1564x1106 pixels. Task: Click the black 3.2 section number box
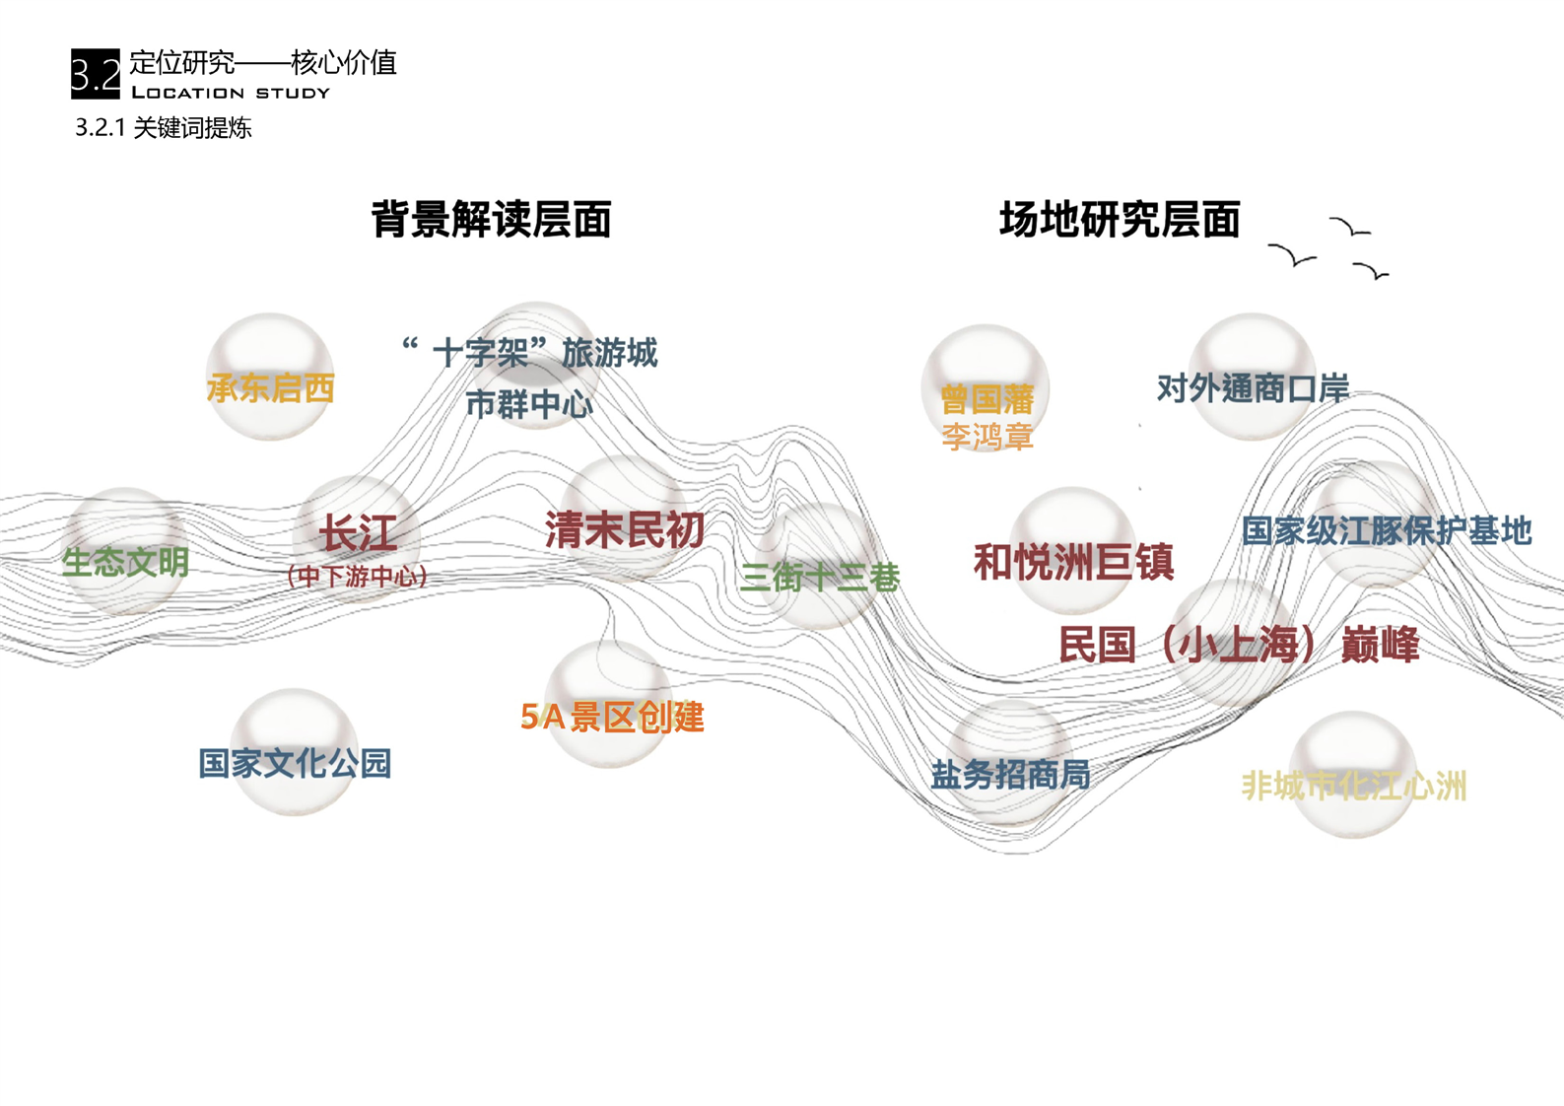pyautogui.click(x=96, y=74)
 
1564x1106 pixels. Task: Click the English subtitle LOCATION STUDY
pyautogui.click(x=231, y=93)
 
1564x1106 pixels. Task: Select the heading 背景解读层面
pyautogui.click(x=491, y=219)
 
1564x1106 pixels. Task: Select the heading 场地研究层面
pyautogui.click(x=1120, y=219)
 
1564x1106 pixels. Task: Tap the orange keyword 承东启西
pyautogui.click(x=270, y=388)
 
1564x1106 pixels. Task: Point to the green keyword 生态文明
pyautogui.click(x=125, y=563)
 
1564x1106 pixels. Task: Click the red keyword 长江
pyautogui.click(x=358, y=534)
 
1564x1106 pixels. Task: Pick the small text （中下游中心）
pyautogui.click(x=357, y=577)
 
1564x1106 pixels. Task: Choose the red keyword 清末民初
pyautogui.click(x=624, y=530)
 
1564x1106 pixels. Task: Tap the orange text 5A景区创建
pyautogui.click(x=612, y=717)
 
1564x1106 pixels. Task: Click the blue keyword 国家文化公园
pyautogui.click(x=295, y=763)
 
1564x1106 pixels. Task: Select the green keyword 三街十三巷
pyautogui.click(x=820, y=577)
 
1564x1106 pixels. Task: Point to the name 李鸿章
pyautogui.click(x=986, y=436)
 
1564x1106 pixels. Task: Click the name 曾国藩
pyautogui.click(x=986, y=399)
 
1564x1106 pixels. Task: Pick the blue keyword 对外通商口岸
pyautogui.click(x=1253, y=388)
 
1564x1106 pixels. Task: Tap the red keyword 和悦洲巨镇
pyautogui.click(x=1073, y=562)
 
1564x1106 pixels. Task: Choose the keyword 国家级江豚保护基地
pyautogui.click(x=1386, y=530)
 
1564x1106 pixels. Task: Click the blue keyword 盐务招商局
pyautogui.click(x=1010, y=775)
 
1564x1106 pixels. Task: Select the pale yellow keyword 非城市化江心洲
pyautogui.click(x=1354, y=786)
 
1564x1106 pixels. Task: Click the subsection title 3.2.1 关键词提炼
pyautogui.click(x=164, y=128)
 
